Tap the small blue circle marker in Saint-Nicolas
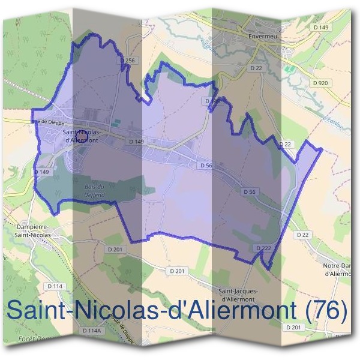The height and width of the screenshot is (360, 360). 82,137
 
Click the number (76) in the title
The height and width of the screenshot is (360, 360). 326,310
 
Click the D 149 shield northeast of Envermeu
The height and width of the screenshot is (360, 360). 322,27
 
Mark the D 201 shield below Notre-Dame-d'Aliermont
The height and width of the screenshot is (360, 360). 293,327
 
